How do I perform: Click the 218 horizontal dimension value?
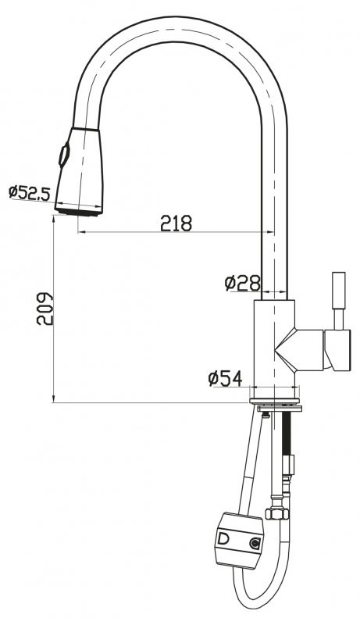click(x=176, y=223)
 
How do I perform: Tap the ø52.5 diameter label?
click(x=29, y=191)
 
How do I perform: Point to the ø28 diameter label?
click(x=241, y=283)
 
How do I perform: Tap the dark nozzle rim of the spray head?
click(x=80, y=209)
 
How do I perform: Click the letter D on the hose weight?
click(x=224, y=539)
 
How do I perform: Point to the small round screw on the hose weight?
click(x=254, y=543)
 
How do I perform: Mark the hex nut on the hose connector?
click(x=274, y=513)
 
